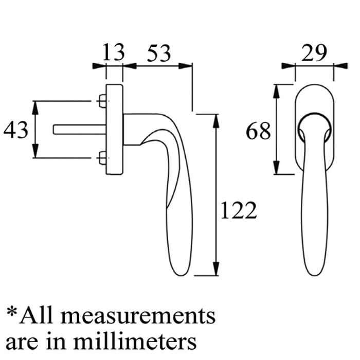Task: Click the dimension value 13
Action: point(113,52)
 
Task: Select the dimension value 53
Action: point(159,53)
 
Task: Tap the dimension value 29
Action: point(314,53)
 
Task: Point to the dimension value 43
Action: point(16,130)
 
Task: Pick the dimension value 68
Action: point(258,131)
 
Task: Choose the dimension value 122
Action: point(238,210)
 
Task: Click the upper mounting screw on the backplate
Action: point(102,101)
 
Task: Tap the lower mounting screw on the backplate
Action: point(102,158)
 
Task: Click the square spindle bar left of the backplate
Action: point(80,130)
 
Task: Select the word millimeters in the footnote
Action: point(135,341)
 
